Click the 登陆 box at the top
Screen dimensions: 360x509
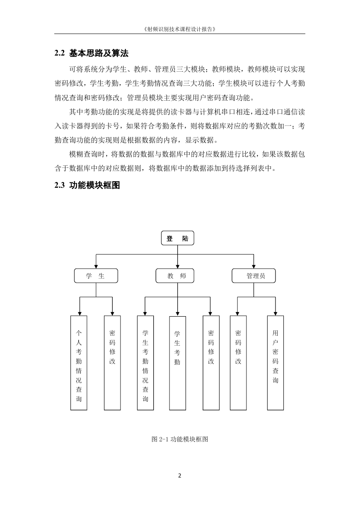pos(177,238)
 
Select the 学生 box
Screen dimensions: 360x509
pos(96,276)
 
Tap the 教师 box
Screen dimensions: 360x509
pos(175,276)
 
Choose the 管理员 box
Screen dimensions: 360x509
pos(254,276)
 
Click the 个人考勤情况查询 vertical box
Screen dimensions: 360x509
pos(79,363)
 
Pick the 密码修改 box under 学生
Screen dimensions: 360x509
pos(112,363)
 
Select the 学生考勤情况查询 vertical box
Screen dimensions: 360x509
pos(145,363)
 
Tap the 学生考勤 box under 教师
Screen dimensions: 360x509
pos(178,363)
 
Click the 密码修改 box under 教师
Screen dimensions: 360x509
pos(211,363)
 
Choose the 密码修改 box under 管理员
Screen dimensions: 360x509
pos(238,363)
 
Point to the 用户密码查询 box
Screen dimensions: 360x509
pos(275,363)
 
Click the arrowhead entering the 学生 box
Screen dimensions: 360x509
pos(96,267)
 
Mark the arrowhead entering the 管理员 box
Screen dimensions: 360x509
pos(254,267)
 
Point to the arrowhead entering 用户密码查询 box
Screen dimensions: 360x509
pos(275,314)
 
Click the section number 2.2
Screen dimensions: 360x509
pos(60,53)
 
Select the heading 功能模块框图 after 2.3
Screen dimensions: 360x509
pos(94,185)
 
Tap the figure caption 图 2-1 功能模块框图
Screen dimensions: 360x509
pos(180,439)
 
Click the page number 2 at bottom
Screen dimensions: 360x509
pos(180,475)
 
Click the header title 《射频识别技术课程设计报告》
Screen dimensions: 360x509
pos(180,29)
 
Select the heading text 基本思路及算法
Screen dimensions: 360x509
pos(99,53)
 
